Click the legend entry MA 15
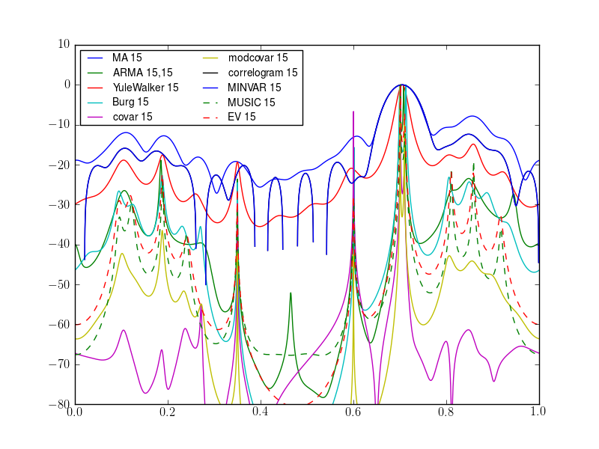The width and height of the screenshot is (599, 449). click(x=127, y=58)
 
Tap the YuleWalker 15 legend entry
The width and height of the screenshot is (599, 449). click(x=145, y=88)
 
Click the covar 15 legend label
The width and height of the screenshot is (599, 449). click(x=133, y=117)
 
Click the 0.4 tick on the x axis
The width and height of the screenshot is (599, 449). click(x=261, y=412)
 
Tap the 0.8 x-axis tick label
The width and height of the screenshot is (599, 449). click(x=446, y=412)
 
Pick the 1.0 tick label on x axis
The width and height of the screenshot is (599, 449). click(x=538, y=412)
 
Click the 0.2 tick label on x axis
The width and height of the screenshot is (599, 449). click(x=168, y=412)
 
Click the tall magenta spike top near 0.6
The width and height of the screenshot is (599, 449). click(x=353, y=112)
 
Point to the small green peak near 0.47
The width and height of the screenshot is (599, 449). click(x=291, y=293)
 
